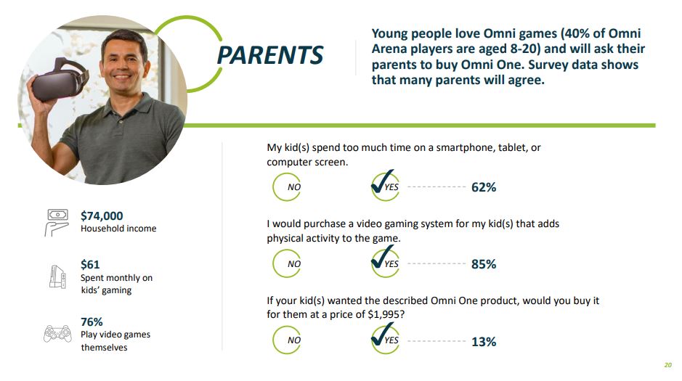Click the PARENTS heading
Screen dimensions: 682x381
tap(270, 55)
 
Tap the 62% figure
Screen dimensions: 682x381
tap(484, 187)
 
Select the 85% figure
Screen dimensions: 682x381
tap(484, 264)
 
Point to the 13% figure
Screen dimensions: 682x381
tap(484, 342)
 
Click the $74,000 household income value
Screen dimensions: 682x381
tap(102, 216)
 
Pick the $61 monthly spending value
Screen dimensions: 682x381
tap(90, 265)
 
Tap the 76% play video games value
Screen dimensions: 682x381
tap(92, 322)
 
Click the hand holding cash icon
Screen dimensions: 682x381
tap(57, 222)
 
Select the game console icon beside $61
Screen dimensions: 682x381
tap(57, 276)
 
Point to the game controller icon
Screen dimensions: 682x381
tap(58, 334)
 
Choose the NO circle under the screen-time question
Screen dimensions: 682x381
tap(287, 187)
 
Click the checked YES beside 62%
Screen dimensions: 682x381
tap(385, 186)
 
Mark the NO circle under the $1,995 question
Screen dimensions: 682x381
tap(287, 340)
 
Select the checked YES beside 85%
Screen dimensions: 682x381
tap(385, 262)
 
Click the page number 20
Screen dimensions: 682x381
tap(667, 365)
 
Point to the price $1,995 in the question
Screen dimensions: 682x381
tap(383, 314)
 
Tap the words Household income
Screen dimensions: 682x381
tap(118, 229)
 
